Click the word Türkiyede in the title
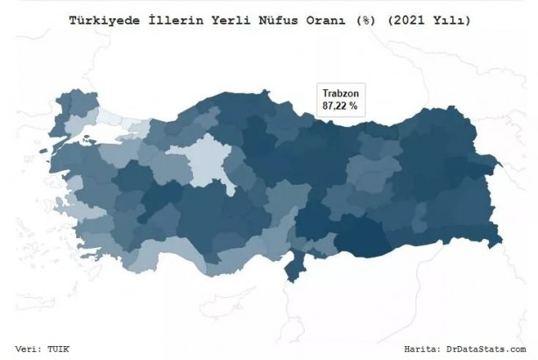(x=103, y=18)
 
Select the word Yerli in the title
(x=234, y=18)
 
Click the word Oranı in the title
(x=329, y=18)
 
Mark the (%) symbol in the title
(x=368, y=18)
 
